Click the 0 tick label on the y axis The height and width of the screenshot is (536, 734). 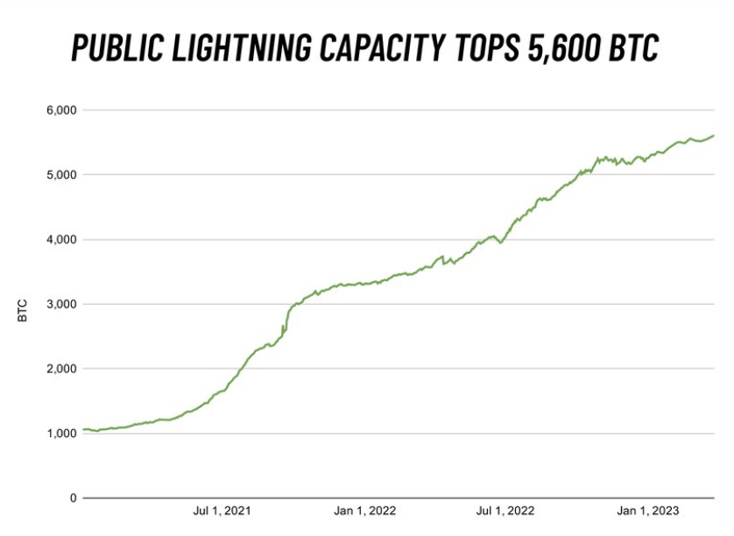tap(74, 498)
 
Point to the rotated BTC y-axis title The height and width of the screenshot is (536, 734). tap(23, 310)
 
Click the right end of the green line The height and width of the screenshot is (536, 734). tap(714, 136)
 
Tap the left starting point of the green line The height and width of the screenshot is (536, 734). tap(83, 430)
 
